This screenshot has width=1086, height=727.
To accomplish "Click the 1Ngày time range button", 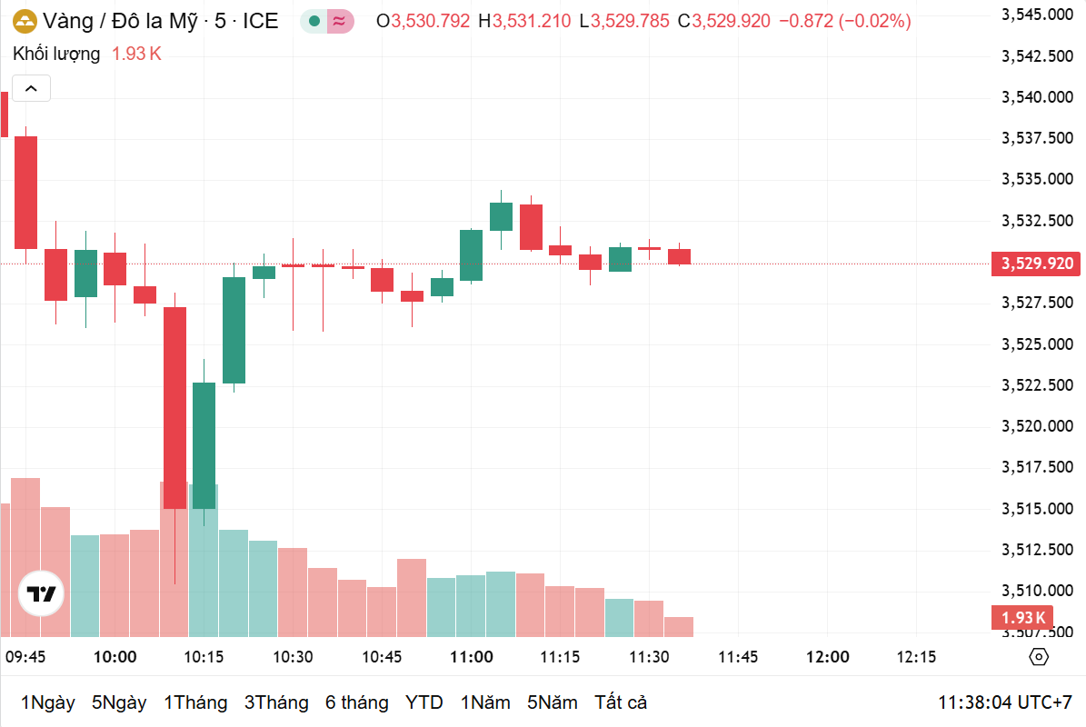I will click(47, 702).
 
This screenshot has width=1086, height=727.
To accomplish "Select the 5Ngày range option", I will click(119, 702).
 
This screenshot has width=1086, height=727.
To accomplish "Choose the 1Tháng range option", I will click(195, 702).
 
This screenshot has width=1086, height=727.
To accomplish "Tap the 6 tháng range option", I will click(356, 702).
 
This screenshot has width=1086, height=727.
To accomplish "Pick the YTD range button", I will click(424, 702).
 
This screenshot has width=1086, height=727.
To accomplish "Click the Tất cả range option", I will click(621, 702).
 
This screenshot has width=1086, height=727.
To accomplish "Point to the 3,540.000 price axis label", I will click(1035, 96).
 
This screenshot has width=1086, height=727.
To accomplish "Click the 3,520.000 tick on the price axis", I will click(1035, 426).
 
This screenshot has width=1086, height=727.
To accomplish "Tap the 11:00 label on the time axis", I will click(471, 657).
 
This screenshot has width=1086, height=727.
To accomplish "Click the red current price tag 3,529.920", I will click(1037, 264).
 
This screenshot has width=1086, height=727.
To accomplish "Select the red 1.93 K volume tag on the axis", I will click(1023, 618).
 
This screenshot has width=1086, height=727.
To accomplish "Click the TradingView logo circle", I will click(41, 595).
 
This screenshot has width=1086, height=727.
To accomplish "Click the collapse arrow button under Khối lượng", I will click(31, 88).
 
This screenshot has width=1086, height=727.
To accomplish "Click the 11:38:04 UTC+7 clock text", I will click(1005, 702).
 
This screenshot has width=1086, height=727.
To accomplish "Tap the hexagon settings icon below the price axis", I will click(1039, 657).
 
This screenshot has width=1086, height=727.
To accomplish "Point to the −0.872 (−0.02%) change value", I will click(844, 21).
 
